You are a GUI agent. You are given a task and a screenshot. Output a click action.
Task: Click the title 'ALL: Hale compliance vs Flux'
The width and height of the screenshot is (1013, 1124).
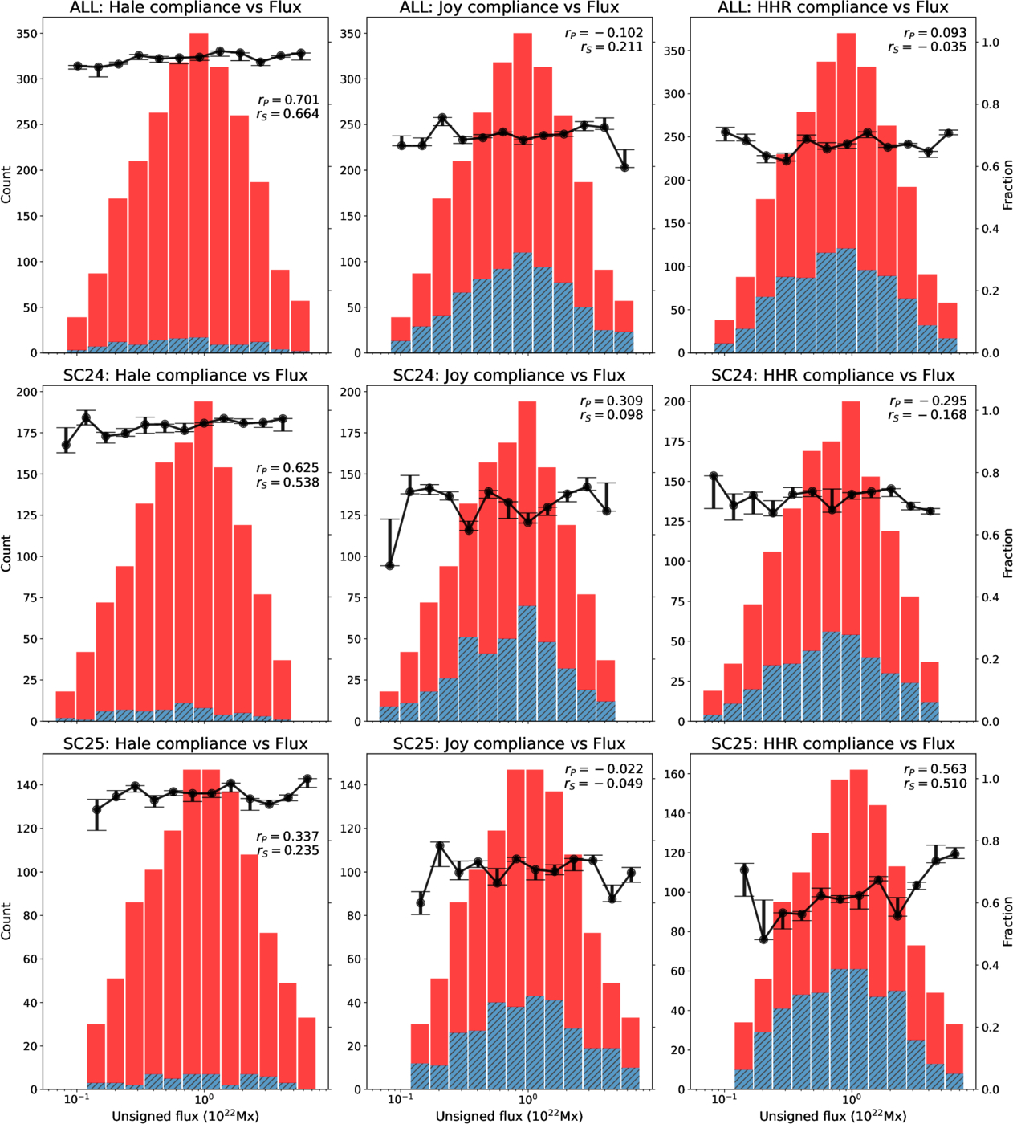tap(185, 7)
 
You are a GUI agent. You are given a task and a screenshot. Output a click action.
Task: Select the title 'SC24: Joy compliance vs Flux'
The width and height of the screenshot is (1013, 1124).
tap(509, 375)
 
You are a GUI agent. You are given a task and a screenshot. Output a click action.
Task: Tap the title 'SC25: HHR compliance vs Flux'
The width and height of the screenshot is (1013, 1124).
tap(832, 743)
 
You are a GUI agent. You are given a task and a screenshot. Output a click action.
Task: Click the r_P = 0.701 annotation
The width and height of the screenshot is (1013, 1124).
tap(288, 100)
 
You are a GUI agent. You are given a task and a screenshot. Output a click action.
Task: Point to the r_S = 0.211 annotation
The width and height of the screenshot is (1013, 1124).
tap(612, 47)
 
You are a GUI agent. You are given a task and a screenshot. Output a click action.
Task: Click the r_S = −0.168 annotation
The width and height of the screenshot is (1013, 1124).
tap(927, 415)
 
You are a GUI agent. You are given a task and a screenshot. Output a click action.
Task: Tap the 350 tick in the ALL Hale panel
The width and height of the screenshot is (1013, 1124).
tap(26, 34)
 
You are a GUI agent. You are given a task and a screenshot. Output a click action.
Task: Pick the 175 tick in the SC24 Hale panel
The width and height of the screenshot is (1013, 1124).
tap(26, 433)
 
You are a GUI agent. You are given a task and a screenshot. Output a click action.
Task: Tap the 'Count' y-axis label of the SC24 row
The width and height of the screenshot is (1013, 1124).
tap(6, 553)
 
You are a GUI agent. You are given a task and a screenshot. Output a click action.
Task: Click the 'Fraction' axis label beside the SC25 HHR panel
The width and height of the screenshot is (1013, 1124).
tap(1007, 921)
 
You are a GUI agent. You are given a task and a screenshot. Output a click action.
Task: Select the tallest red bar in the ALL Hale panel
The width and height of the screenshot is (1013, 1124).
tap(199, 193)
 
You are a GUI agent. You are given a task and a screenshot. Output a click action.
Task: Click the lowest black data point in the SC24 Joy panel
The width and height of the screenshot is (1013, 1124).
tap(391, 565)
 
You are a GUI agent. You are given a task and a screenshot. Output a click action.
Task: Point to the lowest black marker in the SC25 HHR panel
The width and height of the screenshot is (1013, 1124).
tap(763, 939)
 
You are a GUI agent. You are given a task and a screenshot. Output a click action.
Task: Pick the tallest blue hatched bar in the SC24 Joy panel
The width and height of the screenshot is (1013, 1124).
tap(527, 663)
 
